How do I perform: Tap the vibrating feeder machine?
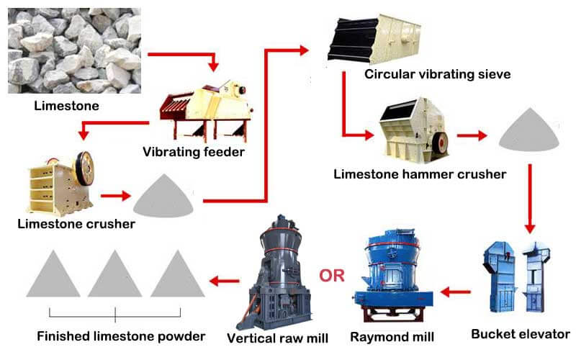205,112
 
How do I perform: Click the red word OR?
332,276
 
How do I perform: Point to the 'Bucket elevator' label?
520,334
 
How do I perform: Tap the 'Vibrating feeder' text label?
193,152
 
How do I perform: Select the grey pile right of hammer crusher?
529,129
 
